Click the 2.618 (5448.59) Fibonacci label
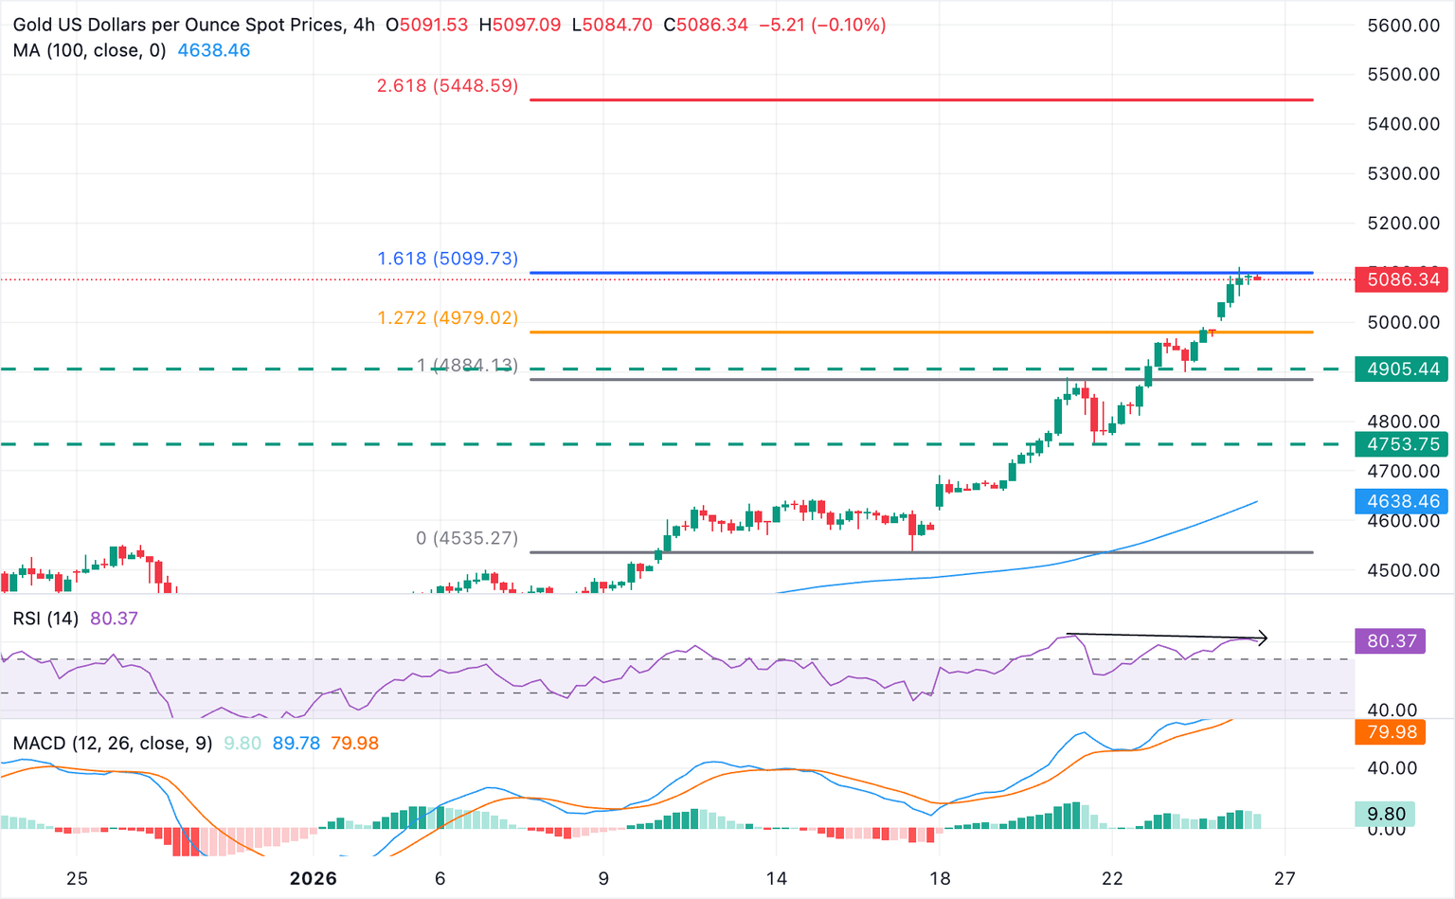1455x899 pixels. coord(447,86)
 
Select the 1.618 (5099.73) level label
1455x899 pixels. coord(447,259)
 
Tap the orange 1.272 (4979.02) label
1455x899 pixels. coord(447,318)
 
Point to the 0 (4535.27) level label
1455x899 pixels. coord(467,538)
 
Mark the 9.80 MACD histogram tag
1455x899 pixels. coord(1386,814)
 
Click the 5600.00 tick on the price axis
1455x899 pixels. coord(1404,26)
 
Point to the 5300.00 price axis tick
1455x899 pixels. coord(1404,173)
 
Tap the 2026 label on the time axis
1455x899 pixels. coord(313,878)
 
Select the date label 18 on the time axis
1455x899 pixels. coord(939,878)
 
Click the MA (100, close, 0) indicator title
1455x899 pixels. coord(89,50)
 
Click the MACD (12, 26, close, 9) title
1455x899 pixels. coord(113,744)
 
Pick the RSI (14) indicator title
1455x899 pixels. coord(45,619)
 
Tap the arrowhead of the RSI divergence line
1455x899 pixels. coord(1263,638)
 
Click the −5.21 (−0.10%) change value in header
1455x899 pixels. coord(822,25)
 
